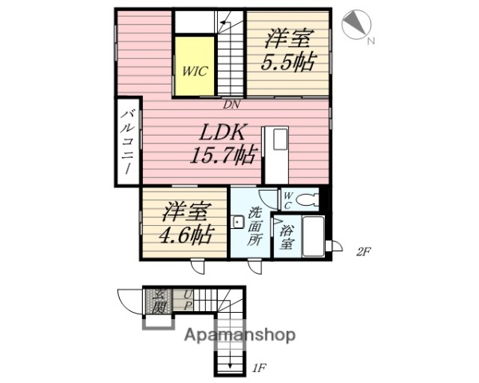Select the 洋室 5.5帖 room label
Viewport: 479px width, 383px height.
[287, 50]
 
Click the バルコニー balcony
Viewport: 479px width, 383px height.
[127, 141]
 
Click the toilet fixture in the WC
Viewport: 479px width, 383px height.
[307, 199]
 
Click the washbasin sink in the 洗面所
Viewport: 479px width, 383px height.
[237, 222]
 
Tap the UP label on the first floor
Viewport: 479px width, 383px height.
[188, 300]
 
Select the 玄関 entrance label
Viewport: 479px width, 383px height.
[158, 301]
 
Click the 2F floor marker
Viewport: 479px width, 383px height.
[363, 252]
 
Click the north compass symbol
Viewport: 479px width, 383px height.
[354, 24]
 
